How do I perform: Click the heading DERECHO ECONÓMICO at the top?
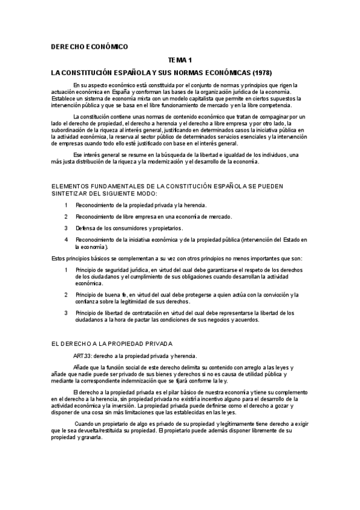tap(89, 46)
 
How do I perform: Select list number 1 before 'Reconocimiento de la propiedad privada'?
tap(66, 206)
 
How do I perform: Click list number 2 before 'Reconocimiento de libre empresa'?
tap(66, 217)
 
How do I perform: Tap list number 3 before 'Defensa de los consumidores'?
tap(66, 229)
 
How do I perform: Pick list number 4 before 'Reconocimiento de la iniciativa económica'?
tap(66, 240)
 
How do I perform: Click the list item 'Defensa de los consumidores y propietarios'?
tap(129, 229)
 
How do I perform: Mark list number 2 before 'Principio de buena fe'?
tap(66, 295)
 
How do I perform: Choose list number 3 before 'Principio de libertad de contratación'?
tap(66, 313)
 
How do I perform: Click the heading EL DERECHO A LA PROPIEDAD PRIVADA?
tap(112, 343)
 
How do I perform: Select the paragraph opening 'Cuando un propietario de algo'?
tap(120, 425)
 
